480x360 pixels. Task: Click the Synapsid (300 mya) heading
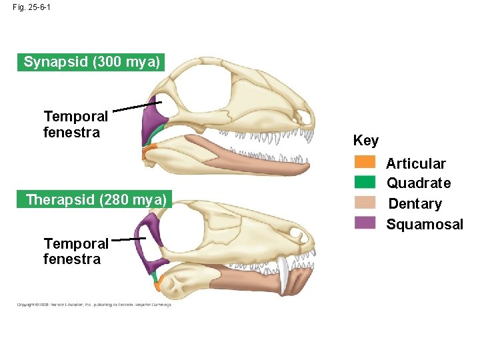[x=91, y=63]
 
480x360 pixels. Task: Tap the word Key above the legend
[x=365, y=141]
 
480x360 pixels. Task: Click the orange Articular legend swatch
[x=365, y=162]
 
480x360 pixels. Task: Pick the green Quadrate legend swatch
[x=365, y=182]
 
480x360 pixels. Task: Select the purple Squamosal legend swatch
[x=365, y=223]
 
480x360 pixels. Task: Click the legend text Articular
[x=416, y=163]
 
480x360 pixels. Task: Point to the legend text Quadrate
[x=419, y=183]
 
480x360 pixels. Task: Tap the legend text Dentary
[x=415, y=204]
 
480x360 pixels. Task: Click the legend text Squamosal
[x=425, y=225]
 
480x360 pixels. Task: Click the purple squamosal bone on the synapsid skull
[x=153, y=123]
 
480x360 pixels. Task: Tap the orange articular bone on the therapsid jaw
[x=158, y=285]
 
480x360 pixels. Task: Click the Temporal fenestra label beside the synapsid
[x=75, y=125]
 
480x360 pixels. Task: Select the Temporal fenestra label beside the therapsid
[x=75, y=251]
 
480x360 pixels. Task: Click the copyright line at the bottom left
[x=93, y=305]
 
